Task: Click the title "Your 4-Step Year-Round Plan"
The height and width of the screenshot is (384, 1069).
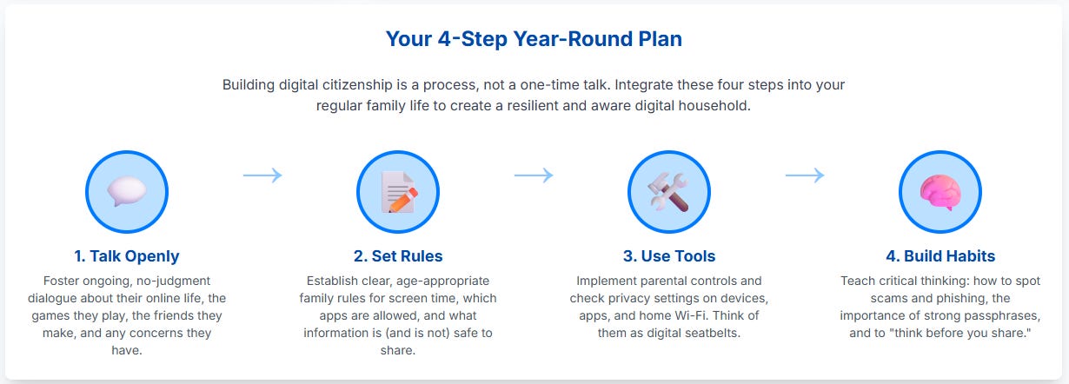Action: [x=534, y=38]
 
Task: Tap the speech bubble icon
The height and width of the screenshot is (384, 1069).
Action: [x=127, y=191]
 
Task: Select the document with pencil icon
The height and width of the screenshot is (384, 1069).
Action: [x=399, y=192]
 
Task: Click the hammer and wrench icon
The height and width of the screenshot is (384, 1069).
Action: [x=668, y=192]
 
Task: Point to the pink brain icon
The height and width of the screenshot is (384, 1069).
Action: [x=940, y=192]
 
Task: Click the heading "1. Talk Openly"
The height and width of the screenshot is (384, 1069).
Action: [x=127, y=256]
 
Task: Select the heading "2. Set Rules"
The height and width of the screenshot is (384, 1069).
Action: [x=398, y=256]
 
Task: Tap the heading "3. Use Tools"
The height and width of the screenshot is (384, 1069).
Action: [x=669, y=256]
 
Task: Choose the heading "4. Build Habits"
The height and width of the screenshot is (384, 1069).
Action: [x=940, y=256]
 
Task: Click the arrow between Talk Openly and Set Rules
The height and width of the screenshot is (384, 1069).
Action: [x=262, y=175]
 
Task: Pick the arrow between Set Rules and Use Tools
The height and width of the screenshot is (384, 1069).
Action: [x=534, y=175]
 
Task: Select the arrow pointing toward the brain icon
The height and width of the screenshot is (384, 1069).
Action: [x=805, y=175]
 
